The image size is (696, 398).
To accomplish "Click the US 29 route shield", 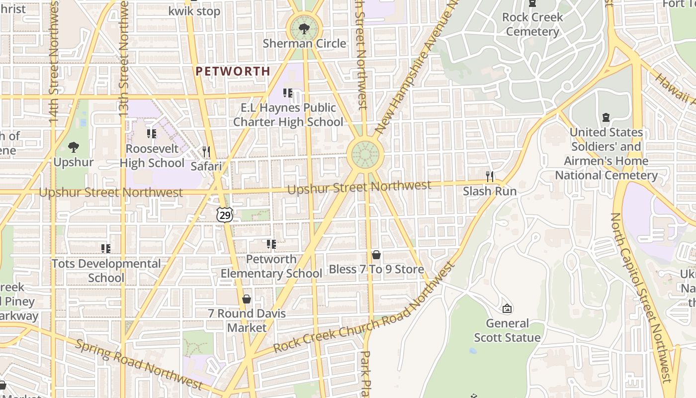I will pos(225,215).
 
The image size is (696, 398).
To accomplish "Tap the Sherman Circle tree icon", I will pos(304,28).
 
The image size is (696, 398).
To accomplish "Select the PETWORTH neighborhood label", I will pos(233,71).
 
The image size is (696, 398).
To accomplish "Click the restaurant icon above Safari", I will pos(206,151).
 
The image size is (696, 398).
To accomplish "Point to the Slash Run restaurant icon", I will pos(490,176).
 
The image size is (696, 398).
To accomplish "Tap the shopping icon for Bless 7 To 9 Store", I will pos(376,255).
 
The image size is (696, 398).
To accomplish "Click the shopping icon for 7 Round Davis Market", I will pos(246,299).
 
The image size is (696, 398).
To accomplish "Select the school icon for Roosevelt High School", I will pos(152,133).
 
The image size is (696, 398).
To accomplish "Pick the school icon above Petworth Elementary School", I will pos(271,244).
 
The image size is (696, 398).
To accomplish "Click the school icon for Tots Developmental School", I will pos(105,248).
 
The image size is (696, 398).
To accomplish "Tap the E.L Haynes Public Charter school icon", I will pos(287,93).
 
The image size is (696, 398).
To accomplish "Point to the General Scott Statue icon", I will pos(507,309).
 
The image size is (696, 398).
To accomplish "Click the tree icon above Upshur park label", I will pos(74,147).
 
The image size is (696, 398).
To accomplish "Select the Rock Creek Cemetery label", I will pos(532,24).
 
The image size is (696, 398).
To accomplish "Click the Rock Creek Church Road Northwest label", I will pos(364,308).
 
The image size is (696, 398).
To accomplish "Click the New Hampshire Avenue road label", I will pos(416,70).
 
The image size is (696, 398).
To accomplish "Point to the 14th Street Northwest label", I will pos(54,62).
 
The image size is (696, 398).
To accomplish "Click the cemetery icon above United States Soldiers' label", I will pos(606,117).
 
